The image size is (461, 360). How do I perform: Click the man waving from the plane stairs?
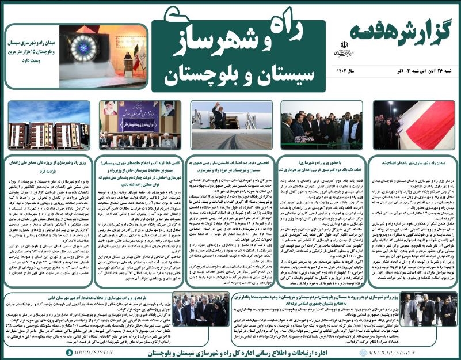click(219, 118)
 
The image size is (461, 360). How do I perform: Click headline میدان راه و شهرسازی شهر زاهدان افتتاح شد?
click(412, 164)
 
